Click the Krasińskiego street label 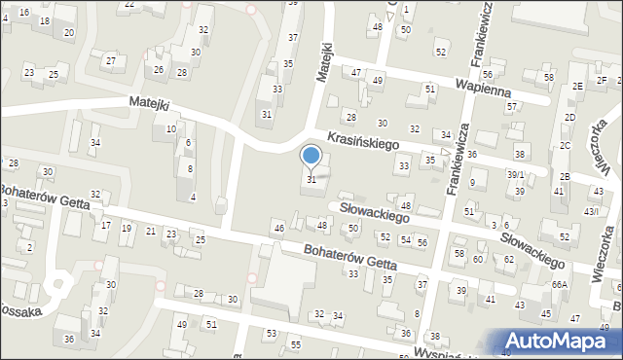(x=363, y=142)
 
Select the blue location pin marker (x=311, y=156)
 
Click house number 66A (x=559, y=285)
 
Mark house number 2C (x=565, y=146)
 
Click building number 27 (x=111, y=61)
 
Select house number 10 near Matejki (x=170, y=128)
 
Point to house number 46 (x=278, y=229)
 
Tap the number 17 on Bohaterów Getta (x=105, y=226)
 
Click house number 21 (x=150, y=231)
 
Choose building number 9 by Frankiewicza (x=472, y=182)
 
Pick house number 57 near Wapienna (x=511, y=106)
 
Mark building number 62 (x=508, y=260)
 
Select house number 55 (x=295, y=345)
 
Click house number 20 (x=68, y=33)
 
